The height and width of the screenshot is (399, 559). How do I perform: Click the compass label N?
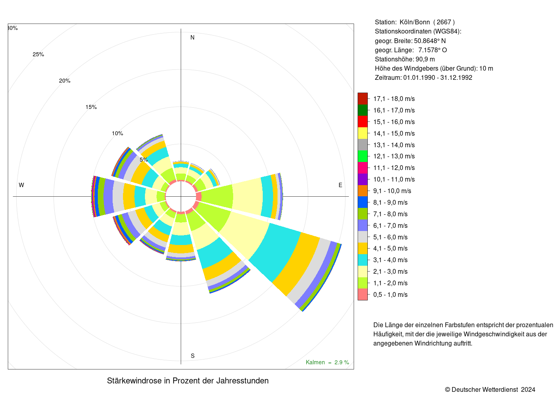(192, 38)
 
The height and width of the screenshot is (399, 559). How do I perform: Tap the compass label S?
(192, 356)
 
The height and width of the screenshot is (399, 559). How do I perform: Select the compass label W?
(22, 185)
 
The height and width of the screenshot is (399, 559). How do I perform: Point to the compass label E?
(340, 185)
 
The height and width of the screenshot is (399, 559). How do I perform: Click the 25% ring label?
(38, 54)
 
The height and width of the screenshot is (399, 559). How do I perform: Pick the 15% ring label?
(91, 107)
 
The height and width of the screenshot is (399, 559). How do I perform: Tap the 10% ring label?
(117, 133)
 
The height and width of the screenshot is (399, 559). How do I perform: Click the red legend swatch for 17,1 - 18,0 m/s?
(363, 99)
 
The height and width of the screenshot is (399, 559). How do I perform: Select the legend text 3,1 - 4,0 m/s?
(391, 260)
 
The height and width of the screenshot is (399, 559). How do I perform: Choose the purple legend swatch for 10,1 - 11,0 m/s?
(363, 179)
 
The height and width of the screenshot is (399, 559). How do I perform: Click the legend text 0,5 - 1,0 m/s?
(391, 295)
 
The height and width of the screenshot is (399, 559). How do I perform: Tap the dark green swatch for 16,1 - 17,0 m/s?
(363, 110)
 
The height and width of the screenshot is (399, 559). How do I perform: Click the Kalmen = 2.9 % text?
(327, 362)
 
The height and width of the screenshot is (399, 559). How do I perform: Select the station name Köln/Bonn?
(415, 22)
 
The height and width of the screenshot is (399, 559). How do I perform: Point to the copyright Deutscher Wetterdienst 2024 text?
(490, 390)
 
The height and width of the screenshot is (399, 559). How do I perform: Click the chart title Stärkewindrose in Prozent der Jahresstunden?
(188, 381)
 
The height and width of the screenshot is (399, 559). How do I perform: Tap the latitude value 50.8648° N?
(430, 41)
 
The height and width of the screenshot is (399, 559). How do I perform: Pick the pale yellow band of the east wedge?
(247, 197)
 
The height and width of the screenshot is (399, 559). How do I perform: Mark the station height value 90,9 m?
(425, 59)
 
